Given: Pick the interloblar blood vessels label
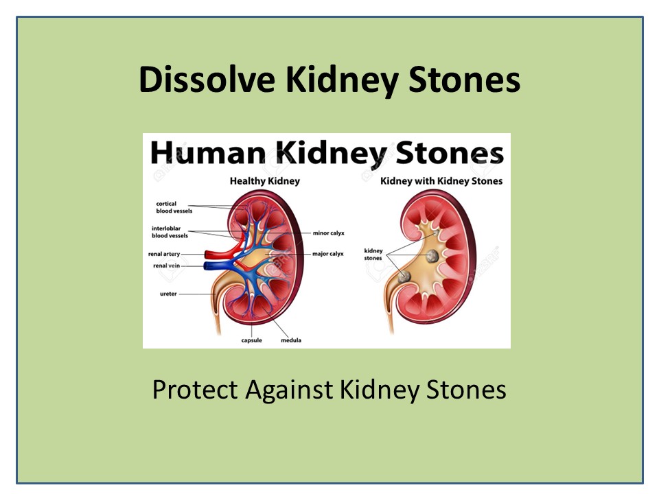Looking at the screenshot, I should [170, 232].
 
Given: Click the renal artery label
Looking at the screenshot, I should [165, 254].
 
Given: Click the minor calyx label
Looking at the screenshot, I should [328, 233].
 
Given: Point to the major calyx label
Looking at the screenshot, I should [328, 254].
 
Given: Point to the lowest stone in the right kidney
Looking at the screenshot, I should [404, 276].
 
